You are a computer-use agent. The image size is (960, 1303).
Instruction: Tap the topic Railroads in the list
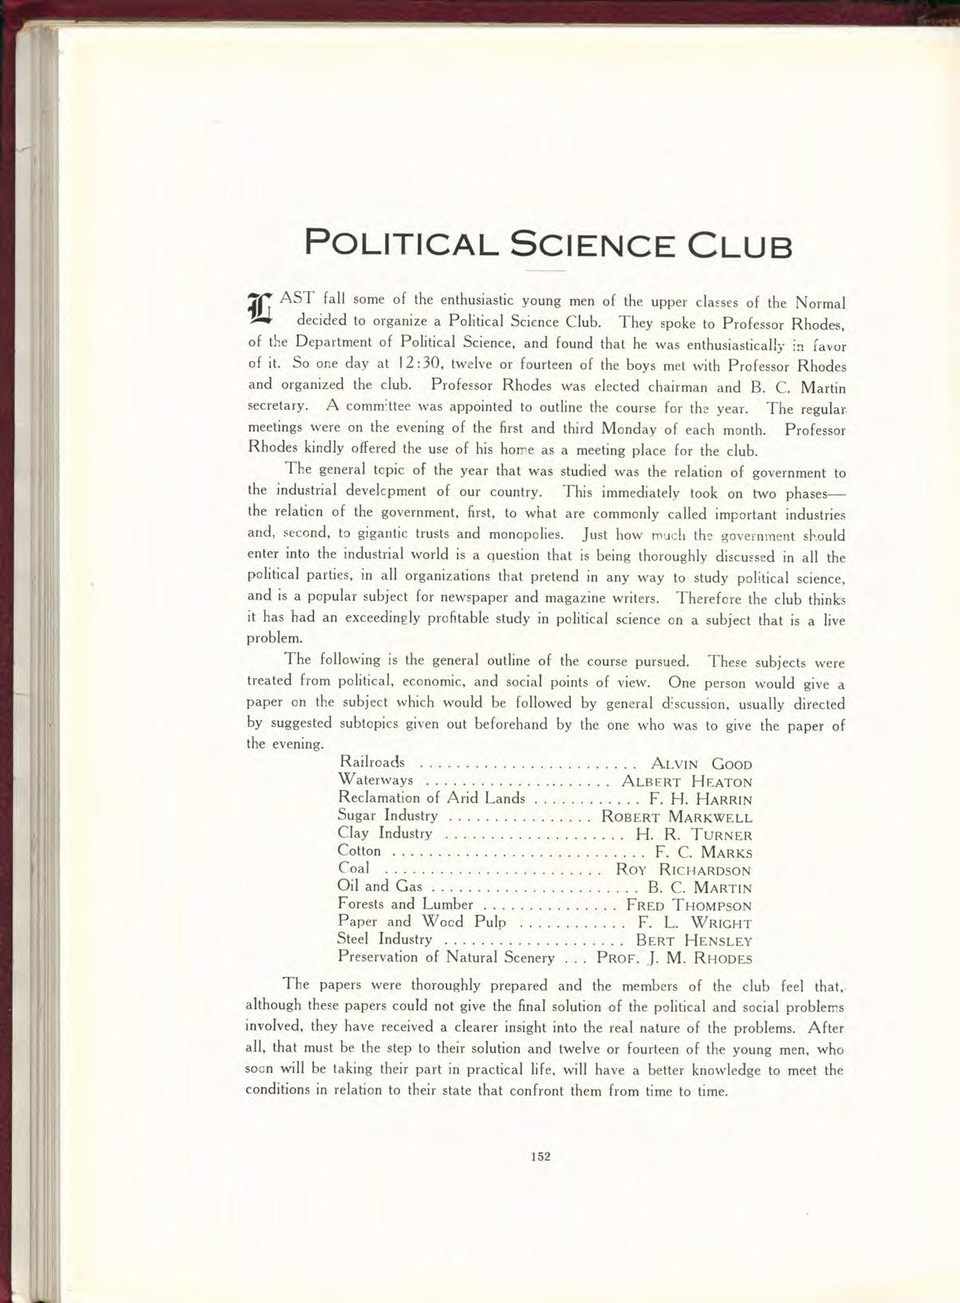coord(372,762)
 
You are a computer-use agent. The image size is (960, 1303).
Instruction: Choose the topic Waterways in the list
coord(376,780)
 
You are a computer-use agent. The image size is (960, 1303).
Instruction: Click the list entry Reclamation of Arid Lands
coord(431,797)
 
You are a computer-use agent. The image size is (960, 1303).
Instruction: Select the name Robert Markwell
coord(676,817)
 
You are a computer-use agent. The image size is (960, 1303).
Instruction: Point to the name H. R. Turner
coord(694,835)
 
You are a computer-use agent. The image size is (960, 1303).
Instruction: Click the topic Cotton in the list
coord(360,851)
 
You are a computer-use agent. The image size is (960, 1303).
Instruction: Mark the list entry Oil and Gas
coord(380,886)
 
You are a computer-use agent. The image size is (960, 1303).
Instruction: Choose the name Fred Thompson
coord(689,905)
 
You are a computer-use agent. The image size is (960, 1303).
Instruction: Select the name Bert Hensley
coord(694,941)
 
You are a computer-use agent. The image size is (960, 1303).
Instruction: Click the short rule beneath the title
coord(545,271)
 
